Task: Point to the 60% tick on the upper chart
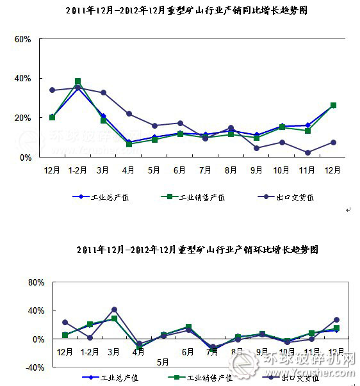pos(22,39)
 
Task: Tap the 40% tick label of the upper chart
pos(22,78)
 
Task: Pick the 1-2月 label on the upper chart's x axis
pos(78,170)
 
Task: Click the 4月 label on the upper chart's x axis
pos(129,170)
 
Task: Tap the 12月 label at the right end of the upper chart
pos(333,170)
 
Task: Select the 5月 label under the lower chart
pos(163,362)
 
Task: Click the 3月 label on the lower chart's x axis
pos(114,352)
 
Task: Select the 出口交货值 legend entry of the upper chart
pos(287,197)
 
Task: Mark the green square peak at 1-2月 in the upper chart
pos(78,81)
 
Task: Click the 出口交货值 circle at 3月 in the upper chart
pos(103,93)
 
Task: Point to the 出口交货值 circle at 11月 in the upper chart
pos(308,152)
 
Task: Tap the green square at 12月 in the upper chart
pos(333,105)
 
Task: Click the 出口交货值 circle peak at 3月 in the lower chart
pos(114,310)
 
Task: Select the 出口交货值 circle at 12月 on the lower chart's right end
pos(336,319)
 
